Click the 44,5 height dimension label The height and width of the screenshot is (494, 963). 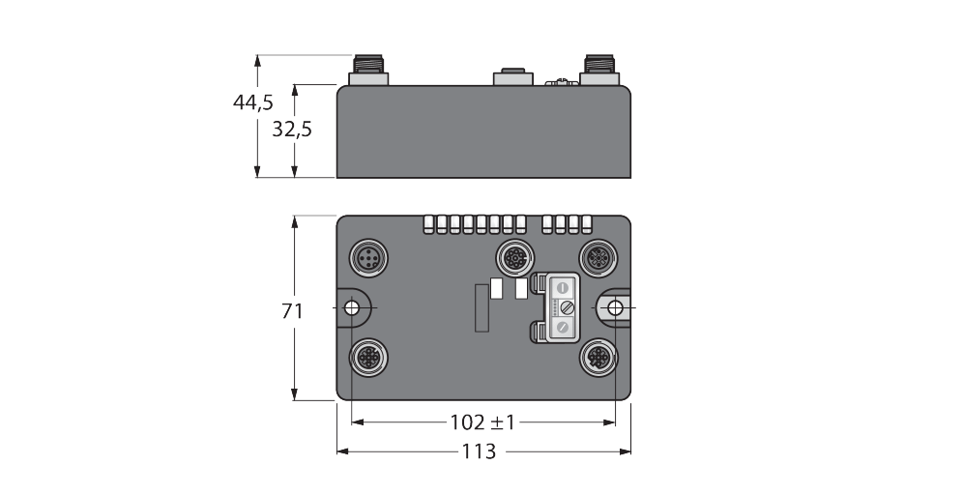(x=253, y=102)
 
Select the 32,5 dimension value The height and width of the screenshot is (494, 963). (x=292, y=129)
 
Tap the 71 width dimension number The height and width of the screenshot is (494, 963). (x=292, y=311)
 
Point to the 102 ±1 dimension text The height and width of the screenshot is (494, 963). (x=482, y=422)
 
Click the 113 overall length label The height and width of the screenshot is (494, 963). (x=479, y=451)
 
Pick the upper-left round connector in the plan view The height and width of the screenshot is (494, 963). (x=368, y=259)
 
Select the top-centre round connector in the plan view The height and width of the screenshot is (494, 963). (x=514, y=259)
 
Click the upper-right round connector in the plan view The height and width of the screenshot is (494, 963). (x=598, y=259)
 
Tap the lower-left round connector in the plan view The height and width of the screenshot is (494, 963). (x=368, y=357)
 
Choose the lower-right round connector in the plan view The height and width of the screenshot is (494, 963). (x=598, y=357)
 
